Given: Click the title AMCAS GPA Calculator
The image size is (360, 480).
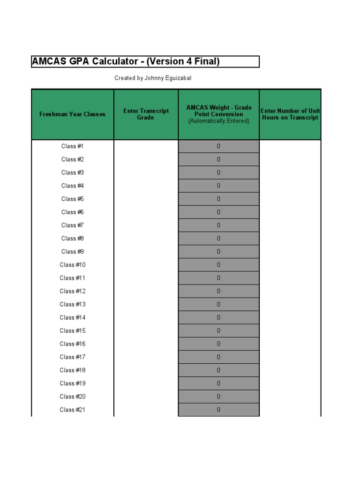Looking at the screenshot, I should click(x=126, y=61).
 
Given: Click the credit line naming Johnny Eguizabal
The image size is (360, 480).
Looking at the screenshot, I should click(x=153, y=78).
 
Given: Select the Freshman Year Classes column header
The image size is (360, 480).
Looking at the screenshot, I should click(x=72, y=114).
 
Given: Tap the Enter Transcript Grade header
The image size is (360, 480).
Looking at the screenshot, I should click(x=146, y=114).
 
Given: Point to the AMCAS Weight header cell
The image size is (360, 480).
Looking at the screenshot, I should click(x=218, y=114).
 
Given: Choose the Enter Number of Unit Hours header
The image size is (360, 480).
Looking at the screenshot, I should click(x=290, y=114).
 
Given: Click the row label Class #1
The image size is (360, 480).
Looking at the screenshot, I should click(x=72, y=146).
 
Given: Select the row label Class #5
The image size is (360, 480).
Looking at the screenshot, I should click(x=72, y=199).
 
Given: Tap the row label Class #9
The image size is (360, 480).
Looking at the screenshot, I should click(x=72, y=252).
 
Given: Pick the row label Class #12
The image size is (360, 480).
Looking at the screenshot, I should click(x=72, y=291).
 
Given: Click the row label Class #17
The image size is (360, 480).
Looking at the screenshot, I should click(x=72, y=357).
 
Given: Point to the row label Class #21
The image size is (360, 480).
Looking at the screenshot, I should click(x=72, y=410).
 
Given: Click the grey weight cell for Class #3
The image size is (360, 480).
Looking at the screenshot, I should click(x=218, y=172).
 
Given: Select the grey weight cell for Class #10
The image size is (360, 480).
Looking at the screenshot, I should click(x=218, y=265).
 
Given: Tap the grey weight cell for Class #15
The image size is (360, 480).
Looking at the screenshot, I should click(x=218, y=330).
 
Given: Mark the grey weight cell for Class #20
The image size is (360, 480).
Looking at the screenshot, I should click(x=218, y=397).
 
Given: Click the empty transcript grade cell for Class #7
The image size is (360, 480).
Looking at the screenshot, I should click(x=146, y=225).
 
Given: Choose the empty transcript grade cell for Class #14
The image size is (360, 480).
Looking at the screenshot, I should click(x=146, y=317).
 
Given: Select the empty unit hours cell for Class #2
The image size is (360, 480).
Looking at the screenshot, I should click(x=290, y=159).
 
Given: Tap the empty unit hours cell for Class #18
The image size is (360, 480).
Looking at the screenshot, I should click(x=290, y=370).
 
